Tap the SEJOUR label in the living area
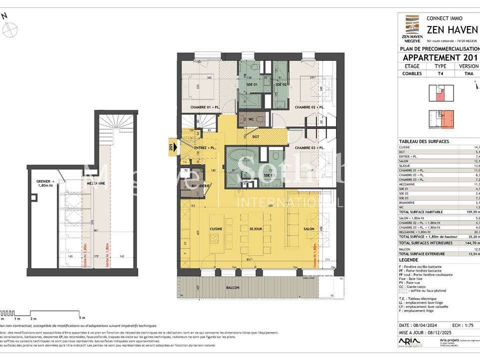[x=255, y=229]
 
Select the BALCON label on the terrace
[x=232, y=288]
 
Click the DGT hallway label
[x=255, y=136]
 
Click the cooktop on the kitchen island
[x=215, y=239]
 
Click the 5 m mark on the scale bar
[x=81, y=318]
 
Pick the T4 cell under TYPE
[x=440, y=73]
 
